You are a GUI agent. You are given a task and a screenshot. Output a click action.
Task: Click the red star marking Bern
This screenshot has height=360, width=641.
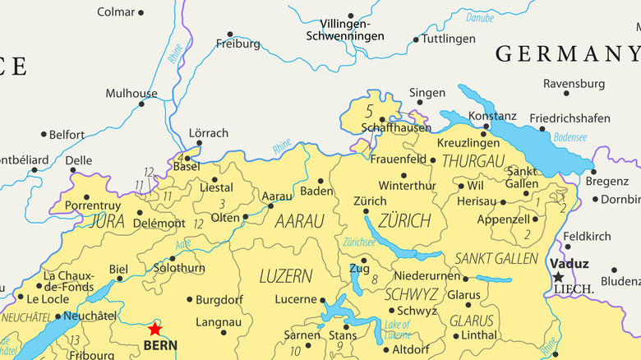point(154,328)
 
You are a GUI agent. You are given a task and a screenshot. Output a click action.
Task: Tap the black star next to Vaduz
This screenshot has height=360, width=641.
point(559,277)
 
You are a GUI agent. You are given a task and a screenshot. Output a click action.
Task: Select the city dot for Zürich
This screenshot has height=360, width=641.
point(365,212)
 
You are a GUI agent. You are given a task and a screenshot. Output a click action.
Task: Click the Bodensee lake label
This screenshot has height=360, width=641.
point(570,137)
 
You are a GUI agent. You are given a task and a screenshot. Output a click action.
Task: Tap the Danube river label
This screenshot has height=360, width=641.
point(480,17)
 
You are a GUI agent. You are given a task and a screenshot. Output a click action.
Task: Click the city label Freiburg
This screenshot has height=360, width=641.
point(237,44)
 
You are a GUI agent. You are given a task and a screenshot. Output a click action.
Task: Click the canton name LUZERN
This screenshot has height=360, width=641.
point(285,276)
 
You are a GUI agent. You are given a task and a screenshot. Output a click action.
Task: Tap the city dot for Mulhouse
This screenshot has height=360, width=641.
point(141,104)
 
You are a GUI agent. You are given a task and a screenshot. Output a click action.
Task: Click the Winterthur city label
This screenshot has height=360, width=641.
point(407,186)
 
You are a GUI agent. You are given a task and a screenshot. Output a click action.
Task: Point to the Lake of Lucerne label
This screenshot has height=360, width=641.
point(398,329)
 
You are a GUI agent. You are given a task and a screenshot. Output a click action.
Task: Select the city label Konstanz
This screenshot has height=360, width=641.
point(492,116)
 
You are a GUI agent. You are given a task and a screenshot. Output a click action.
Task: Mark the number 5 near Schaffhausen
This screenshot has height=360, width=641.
point(369,110)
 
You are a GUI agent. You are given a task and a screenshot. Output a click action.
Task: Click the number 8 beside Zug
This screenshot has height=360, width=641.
point(374,279)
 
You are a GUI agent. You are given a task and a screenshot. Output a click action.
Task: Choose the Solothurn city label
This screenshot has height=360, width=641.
point(179,268)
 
